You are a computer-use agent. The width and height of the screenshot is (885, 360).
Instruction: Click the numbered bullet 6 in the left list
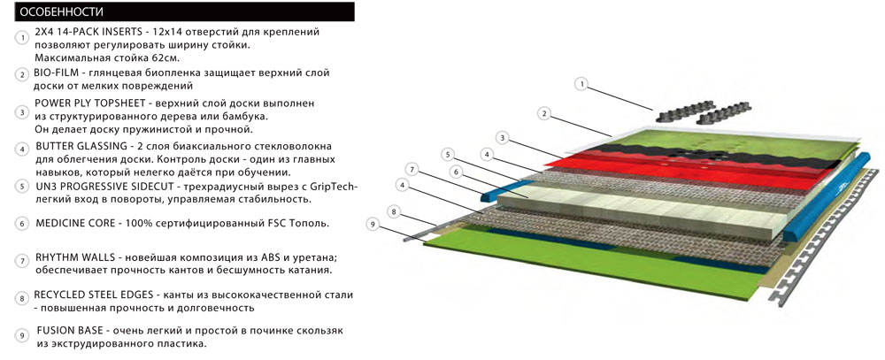pos(21,224)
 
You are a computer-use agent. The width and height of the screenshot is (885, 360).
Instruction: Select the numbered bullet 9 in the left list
pos(21,336)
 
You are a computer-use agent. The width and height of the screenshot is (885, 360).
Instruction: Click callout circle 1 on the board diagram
pos(581,84)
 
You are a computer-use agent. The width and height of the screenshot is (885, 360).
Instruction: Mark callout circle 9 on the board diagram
pos(373,225)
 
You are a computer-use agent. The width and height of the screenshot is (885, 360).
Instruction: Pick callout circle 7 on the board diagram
pos(411,168)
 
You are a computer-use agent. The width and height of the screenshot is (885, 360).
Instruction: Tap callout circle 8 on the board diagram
pos(394,212)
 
